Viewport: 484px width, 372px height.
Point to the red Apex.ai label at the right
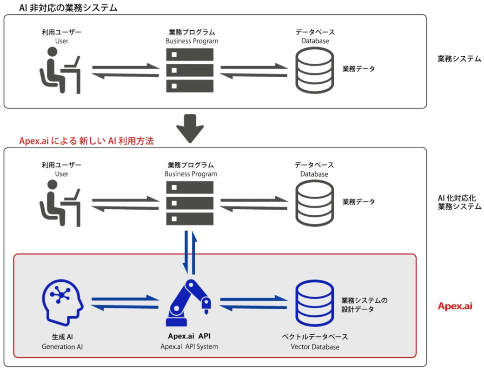455,306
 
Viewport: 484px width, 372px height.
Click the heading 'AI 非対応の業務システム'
68,8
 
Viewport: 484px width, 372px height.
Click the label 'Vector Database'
315,347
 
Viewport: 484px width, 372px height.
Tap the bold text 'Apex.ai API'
189,336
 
